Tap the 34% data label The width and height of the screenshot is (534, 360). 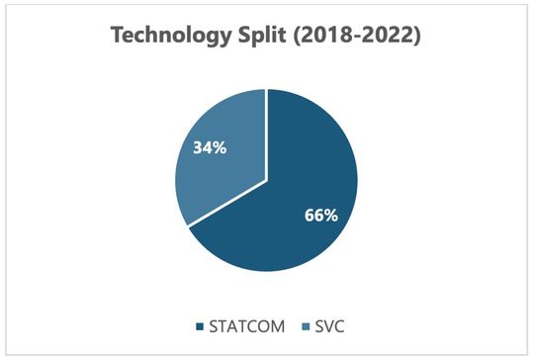click(211, 149)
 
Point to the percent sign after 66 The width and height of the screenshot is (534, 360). click(335, 214)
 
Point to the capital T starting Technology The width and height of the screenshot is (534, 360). click(120, 37)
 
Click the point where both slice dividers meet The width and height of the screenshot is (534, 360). click(266, 181)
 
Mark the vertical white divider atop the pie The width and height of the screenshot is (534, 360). click(266, 134)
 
